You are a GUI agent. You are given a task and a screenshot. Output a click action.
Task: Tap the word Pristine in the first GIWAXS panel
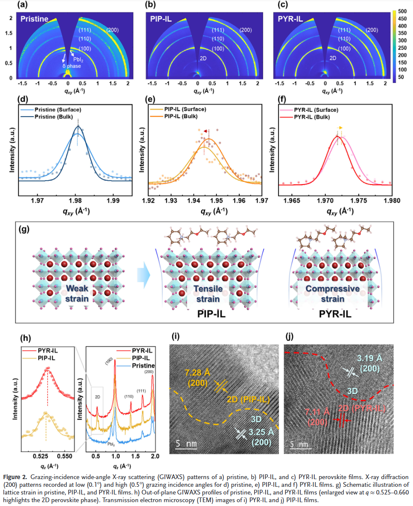pyautogui.click(x=33, y=19)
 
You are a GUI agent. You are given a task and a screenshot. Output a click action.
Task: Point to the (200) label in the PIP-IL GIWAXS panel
pyautogui.click(x=245, y=30)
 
